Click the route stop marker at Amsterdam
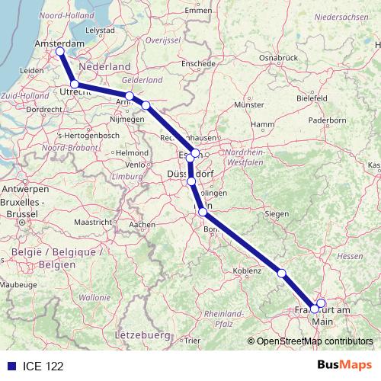59,52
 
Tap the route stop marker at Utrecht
74,85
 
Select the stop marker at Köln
202,212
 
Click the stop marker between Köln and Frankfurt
281,273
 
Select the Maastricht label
94,221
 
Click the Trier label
193,341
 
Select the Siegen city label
276,214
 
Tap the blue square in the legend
10,363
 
